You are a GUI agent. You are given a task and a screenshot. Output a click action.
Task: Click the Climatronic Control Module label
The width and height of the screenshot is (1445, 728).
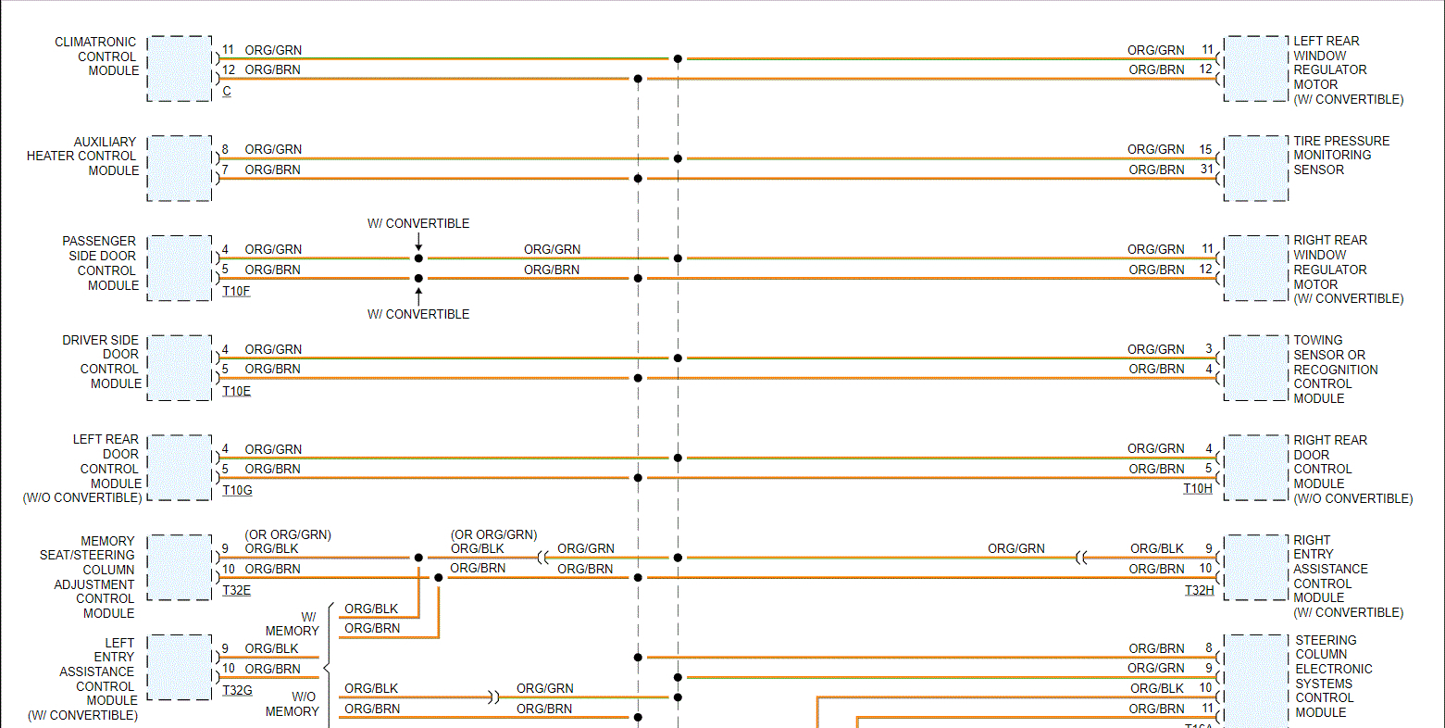click(96, 56)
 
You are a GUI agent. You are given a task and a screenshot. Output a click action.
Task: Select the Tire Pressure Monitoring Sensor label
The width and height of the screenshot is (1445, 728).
click(1340, 156)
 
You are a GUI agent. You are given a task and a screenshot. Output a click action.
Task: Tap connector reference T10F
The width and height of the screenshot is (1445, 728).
click(236, 292)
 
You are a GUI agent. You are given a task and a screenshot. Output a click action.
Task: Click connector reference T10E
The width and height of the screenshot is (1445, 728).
click(236, 392)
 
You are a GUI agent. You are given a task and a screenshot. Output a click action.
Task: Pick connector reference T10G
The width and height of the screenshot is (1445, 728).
click(237, 491)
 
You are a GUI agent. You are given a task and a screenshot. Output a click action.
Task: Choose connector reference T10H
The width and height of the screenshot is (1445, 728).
click(1197, 489)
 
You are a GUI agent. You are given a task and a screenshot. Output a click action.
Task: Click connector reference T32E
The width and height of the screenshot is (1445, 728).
click(236, 591)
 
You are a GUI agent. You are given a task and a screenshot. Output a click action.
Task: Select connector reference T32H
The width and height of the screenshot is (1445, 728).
click(1199, 591)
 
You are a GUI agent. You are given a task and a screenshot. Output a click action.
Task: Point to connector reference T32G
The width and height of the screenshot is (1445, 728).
click(237, 691)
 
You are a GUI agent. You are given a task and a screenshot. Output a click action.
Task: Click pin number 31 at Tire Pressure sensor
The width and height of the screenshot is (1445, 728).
click(1206, 169)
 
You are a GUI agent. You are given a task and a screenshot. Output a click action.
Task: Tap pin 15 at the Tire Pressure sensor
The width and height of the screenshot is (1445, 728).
click(1205, 149)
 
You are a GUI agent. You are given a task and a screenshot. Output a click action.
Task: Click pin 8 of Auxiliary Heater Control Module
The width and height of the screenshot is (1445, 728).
click(225, 149)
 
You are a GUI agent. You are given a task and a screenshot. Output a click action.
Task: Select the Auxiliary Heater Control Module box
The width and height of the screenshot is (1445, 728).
click(180, 169)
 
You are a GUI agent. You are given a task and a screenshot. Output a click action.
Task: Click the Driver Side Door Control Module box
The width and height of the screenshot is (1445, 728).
click(180, 368)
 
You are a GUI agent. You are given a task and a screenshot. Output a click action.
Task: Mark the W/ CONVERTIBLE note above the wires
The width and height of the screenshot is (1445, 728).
click(418, 224)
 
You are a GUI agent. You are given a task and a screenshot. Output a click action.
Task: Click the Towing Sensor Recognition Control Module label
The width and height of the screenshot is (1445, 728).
click(1335, 370)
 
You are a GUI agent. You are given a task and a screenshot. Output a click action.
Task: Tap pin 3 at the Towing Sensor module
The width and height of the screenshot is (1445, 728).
click(1209, 349)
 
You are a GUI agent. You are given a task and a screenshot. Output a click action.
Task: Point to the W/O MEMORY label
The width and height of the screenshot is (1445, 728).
click(293, 704)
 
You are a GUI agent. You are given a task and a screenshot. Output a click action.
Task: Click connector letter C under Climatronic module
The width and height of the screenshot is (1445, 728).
click(227, 92)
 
